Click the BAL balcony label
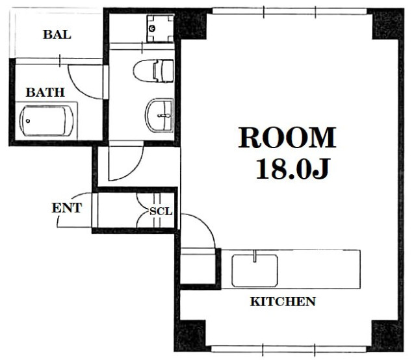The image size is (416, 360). [57, 34]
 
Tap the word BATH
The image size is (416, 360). [45, 92]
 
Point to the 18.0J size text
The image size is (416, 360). [292, 169]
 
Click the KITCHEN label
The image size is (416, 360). [283, 302]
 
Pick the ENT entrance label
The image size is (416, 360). [67, 208]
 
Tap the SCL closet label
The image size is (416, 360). [161, 211]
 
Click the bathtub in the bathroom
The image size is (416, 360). [46, 121]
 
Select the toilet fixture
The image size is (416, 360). [153, 71]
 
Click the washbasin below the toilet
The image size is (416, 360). [159, 116]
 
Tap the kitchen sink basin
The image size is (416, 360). [255, 270]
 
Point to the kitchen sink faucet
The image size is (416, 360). [255, 256]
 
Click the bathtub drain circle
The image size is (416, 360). [28, 121]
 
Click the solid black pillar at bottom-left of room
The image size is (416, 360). [190, 335]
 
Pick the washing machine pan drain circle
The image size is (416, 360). [152, 29]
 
